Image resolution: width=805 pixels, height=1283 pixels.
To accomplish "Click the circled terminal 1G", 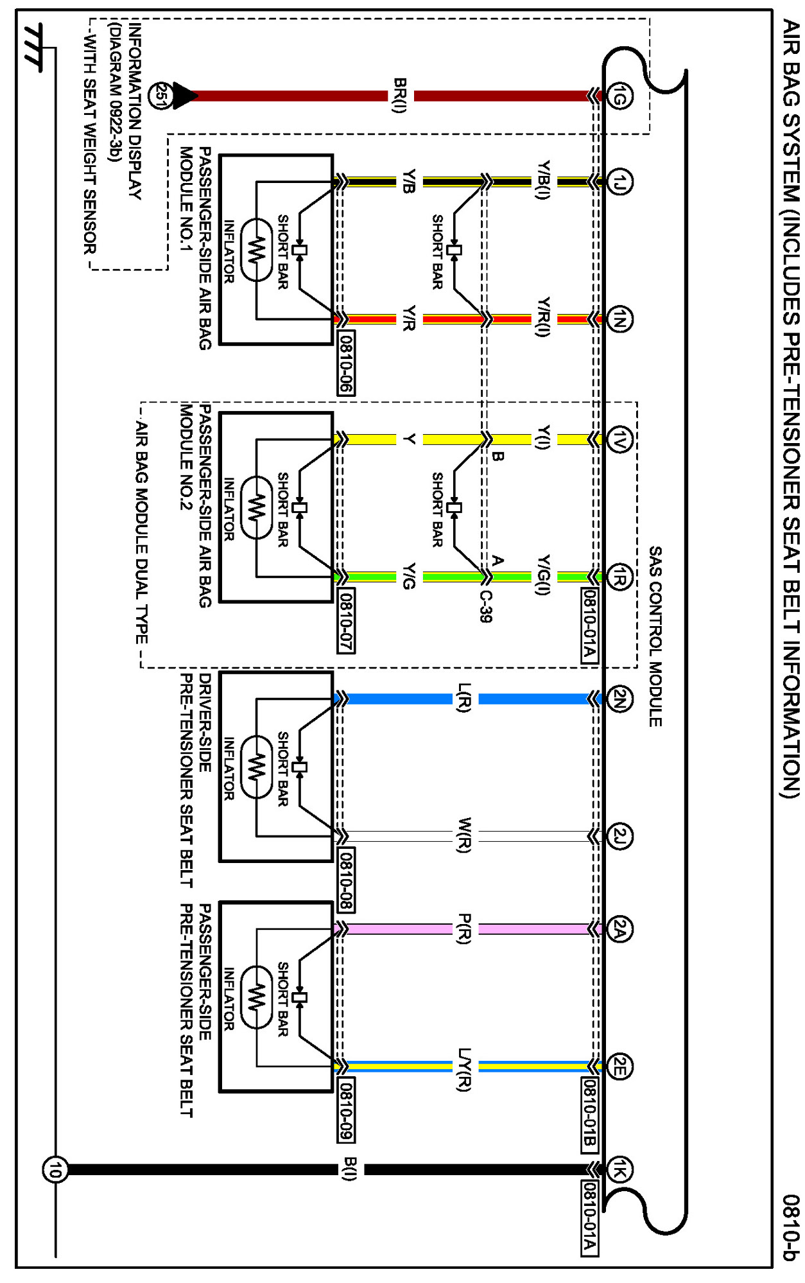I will click(619, 96).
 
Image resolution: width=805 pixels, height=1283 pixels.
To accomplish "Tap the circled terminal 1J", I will click(619, 182).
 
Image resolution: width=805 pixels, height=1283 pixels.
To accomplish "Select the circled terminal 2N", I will click(619, 699).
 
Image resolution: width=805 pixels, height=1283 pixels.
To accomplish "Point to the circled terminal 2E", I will click(619, 1067).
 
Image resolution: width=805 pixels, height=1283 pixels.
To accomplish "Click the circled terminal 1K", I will click(619, 1169).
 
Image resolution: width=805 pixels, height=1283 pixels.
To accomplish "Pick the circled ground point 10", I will click(55, 1169).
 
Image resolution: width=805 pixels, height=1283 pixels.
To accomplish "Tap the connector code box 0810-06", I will click(346, 362).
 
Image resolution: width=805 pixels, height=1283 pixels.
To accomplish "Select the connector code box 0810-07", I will click(346, 620).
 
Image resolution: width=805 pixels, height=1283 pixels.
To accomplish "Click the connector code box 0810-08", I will click(346, 880).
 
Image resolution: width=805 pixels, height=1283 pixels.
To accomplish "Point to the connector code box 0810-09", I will click(346, 1110).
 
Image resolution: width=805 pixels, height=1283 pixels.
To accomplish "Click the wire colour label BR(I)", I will click(400, 96).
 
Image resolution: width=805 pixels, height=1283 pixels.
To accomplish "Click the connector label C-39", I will click(486, 606).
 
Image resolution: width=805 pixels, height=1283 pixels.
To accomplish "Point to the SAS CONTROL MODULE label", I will click(655, 636).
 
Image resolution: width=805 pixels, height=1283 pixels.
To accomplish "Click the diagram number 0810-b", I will click(791, 1227).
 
